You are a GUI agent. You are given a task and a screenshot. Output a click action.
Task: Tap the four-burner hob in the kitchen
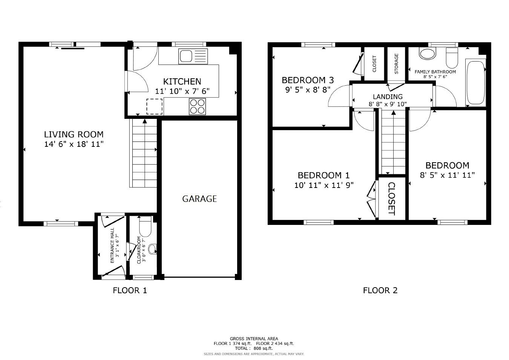pos(197,106)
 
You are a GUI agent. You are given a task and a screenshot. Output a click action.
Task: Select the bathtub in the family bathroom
pos(475,82)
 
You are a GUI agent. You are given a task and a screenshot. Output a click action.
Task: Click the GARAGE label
pos(199,199)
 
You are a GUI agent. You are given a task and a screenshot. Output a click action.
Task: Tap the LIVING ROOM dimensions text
pos(74,144)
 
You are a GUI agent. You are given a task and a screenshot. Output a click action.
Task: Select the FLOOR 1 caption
pos(130,290)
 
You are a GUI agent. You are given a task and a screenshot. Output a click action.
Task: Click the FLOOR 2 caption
pos(380,290)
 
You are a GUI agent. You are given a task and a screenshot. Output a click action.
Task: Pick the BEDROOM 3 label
pos(308,80)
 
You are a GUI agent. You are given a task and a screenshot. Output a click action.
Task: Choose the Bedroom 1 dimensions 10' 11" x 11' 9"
pos(323,185)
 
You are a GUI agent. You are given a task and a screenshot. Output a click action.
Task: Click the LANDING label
pos(388,97)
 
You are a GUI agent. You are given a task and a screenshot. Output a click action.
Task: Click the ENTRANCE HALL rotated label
pos(112,246)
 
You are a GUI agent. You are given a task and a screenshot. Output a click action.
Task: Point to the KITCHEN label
pos(182,82)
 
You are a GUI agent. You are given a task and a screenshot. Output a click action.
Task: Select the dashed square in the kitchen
pos(154,106)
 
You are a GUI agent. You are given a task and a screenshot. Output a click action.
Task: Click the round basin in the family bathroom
pos(427,53)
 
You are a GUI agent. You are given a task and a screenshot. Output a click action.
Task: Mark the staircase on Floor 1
pos(143,153)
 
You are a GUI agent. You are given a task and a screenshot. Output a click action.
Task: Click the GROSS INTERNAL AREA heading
pos(254,339)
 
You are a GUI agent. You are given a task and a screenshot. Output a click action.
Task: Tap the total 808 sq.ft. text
pos(254,349)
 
